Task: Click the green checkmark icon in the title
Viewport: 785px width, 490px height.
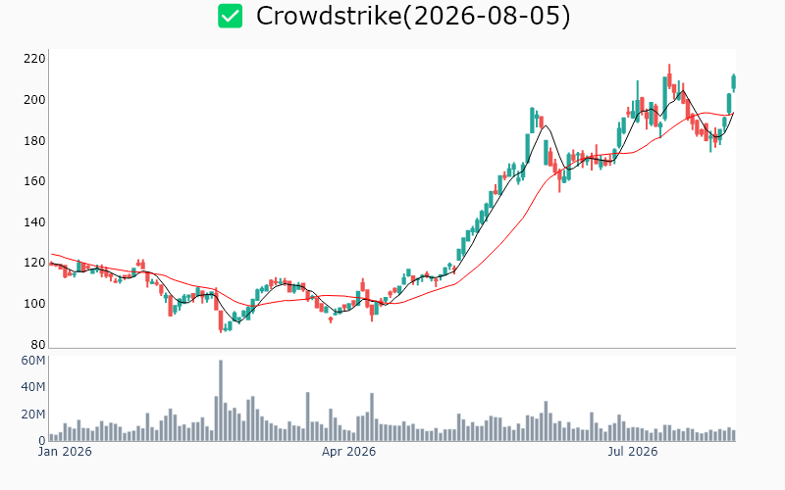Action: pyautogui.click(x=230, y=16)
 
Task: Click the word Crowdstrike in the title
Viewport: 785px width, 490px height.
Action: pyautogui.click(x=329, y=16)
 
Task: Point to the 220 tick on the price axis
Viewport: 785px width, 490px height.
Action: pyautogui.click(x=34, y=59)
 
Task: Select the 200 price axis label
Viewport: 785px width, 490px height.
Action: pyautogui.click(x=34, y=100)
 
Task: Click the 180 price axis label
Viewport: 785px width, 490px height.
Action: pyautogui.click(x=34, y=141)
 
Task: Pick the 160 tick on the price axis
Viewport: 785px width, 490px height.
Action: pyautogui.click(x=34, y=181)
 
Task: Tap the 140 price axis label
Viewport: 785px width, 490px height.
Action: pyautogui.click(x=34, y=222)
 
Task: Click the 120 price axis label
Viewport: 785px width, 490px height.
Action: pyautogui.click(x=34, y=263)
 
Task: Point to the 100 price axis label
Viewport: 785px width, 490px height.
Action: pyautogui.click(x=34, y=304)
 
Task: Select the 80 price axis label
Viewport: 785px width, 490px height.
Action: pyautogui.click(x=38, y=345)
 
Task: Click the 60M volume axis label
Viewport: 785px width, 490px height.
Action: pyautogui.click(x=33, y=361)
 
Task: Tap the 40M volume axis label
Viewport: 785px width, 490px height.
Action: pyautogui.click(x=33, y=387)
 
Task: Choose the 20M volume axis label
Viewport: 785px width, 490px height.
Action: pyautogui.click(x=33, y=415)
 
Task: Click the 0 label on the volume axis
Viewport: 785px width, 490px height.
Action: pyautogui.click(x=42, y=441)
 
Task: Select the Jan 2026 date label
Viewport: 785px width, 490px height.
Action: pyautogui.click(x=65, y=452)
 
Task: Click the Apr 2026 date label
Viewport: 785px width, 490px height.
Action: pyautogui.click(x=348, y=452)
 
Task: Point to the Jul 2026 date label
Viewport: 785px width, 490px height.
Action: pyautogui.click(x=633, y=452)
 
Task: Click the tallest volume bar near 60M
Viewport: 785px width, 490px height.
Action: pyautogui.click(x=221, y=401)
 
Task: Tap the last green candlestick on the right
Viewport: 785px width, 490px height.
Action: pyautogui.click(x=734, y=82)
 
